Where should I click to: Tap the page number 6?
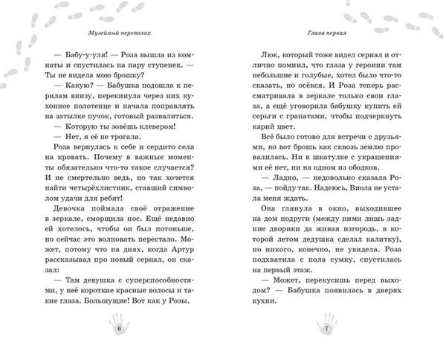tap(119, 327)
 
